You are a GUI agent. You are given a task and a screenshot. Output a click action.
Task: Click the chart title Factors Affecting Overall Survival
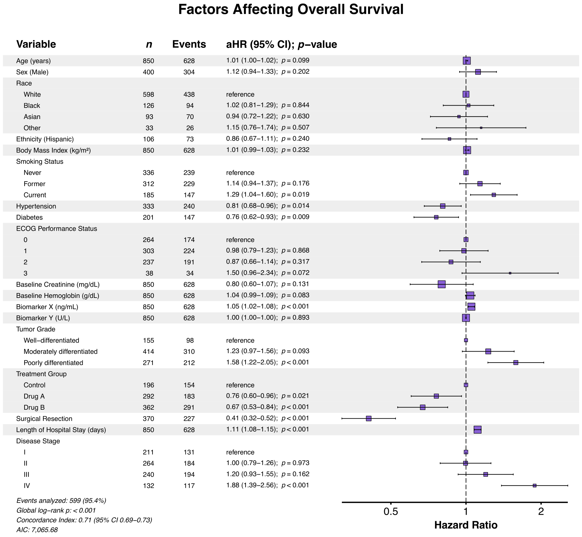click(x=291, y=10)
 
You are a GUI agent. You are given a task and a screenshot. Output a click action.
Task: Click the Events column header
click(x=189, y=44)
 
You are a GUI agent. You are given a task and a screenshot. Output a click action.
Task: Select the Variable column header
click(x=36, y=44)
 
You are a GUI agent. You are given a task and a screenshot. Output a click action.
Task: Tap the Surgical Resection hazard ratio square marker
click(x=368, y=418)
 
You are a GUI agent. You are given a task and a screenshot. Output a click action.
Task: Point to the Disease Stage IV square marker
click(x=534, y=486)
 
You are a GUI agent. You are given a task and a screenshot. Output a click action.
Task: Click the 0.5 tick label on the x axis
click(x=390, y=511)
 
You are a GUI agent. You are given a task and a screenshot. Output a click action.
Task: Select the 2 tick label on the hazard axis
click(x=541, y=511)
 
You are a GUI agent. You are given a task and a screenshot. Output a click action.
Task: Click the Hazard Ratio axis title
click(x=465, y=525)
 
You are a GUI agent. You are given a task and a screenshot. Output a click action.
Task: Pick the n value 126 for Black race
click(x=148, y=106)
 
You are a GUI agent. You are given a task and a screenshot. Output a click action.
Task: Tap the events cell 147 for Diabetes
click(x=189, y=217)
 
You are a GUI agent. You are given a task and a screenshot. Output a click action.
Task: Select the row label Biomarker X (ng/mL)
click(x=47, y=307)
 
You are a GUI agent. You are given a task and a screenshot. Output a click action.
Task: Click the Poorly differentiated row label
click(x=53, y=363)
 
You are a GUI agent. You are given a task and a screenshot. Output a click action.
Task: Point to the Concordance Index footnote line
click(x=84, y=520)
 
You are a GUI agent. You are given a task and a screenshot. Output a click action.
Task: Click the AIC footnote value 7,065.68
click(x=45, y=530)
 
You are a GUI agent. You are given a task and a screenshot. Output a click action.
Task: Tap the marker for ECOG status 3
click(x=510, y=273)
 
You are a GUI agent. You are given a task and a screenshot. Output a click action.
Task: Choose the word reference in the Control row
click(x=240, y=385)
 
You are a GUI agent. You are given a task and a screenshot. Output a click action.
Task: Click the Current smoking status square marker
click(x=493, y=195)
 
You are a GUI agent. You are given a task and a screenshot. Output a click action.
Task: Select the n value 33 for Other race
click(x=149, y=128)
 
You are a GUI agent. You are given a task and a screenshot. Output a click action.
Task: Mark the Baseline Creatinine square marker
click(x=441, y=284)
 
